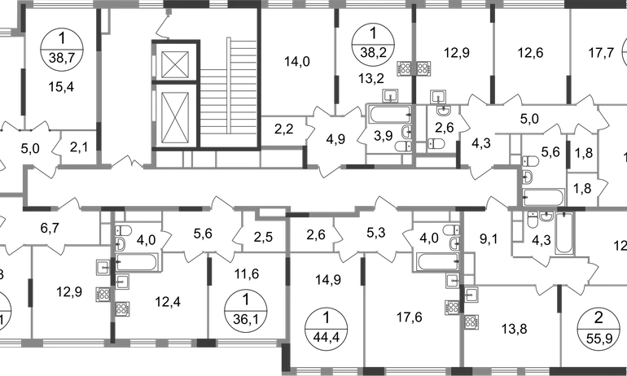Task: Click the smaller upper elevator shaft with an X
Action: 175,63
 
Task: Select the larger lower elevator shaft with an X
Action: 175,116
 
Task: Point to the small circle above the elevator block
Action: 169,14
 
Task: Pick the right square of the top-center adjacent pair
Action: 423,67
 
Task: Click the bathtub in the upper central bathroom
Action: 388,115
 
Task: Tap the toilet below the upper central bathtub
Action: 400,136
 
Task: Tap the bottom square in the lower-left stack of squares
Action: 122,309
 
